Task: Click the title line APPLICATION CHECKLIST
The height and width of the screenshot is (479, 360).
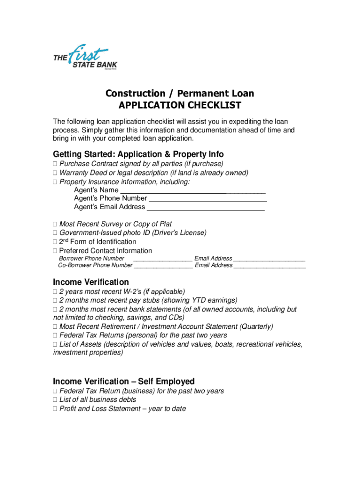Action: click(x=180, y=105)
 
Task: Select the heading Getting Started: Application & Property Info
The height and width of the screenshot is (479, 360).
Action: click(x=138, y=154)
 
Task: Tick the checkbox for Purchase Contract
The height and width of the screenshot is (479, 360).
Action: click(x=55, y=164)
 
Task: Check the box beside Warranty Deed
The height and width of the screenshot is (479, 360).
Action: click(x=55, y=173)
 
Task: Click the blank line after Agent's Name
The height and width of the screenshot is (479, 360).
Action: click(x=193, y=191)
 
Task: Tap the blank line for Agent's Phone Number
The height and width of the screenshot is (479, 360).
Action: click(x=207, y=199)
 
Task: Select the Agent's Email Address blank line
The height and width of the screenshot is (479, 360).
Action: click(x=206, y=207)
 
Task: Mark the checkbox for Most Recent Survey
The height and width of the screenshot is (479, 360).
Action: click(x=55, y=225)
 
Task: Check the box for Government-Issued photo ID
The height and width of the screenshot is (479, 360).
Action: click(x=55, y=233)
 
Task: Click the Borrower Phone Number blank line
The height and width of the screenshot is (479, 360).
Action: click(x=162, y=259)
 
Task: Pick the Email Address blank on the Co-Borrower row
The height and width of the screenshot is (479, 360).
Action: click(x=269, y=266)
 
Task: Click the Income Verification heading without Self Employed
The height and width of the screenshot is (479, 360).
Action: click(x=91, y=282)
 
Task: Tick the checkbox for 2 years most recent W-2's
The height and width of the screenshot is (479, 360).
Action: click(x=55, y=292)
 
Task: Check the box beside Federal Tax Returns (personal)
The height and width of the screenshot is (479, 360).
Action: click(x=55, y=335)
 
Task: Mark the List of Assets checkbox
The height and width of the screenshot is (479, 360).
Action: click(x=55, y=345)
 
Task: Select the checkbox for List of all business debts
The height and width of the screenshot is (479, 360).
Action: click(x=55, y=400)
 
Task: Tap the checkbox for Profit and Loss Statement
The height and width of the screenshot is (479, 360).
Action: click(x=55, y=409)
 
